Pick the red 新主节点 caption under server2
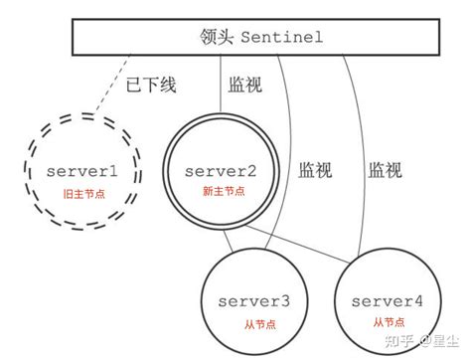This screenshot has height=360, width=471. pyautogui.click(x=222, y=192)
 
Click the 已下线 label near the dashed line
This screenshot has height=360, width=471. pyautogui.click(x=154, y=85)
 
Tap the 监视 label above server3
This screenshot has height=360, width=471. pyautogui.click(x=315, y=169)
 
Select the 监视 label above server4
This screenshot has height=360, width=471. pyautogui.click(x=385, y=169)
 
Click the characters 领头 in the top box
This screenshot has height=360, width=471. pyautogui.click(x=212, y=38)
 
